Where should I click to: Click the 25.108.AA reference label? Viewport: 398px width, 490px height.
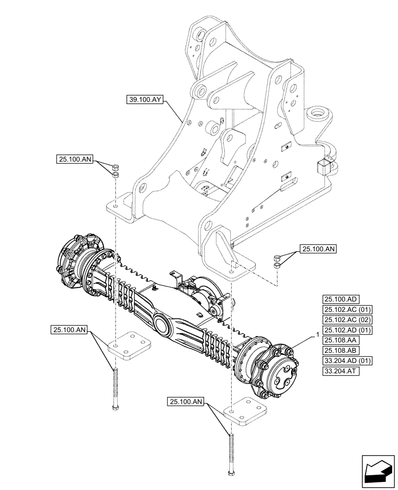[341, 340]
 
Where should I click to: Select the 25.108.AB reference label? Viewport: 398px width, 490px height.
[341, 350]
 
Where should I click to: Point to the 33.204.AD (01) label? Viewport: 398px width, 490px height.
[347, 361]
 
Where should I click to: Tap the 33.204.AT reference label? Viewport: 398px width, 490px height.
[341, 371]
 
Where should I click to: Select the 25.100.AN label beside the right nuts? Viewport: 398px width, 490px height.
[319, 249]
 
